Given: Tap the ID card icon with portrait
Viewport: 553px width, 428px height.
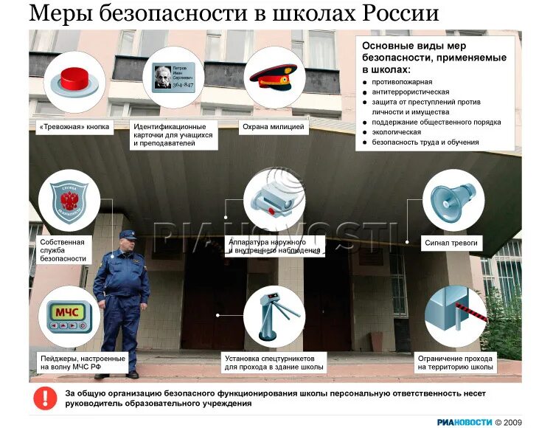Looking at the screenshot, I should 173,77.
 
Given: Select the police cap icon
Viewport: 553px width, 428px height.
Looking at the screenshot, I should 273,76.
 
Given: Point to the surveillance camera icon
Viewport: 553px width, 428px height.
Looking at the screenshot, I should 274,200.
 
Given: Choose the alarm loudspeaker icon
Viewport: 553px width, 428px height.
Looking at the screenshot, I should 453,200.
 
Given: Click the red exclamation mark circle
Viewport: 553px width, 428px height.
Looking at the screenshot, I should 45,398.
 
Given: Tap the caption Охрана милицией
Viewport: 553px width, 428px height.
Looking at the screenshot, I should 273,127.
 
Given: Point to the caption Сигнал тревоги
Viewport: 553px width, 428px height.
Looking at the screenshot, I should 451,242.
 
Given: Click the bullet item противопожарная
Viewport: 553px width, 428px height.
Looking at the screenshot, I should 403,82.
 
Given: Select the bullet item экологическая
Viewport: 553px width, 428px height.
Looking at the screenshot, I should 397,132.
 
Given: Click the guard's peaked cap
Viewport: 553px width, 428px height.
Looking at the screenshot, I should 128,234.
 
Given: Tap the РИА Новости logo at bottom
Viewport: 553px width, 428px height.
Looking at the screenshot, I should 464,422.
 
